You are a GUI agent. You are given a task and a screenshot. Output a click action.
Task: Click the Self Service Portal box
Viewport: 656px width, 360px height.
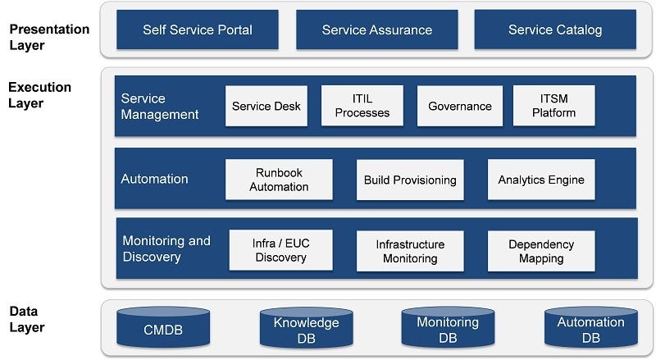[198, 30]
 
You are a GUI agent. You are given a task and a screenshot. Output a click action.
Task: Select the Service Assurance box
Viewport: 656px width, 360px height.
[376, 30]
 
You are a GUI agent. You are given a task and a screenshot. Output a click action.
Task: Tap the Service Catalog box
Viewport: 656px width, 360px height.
[554, 30]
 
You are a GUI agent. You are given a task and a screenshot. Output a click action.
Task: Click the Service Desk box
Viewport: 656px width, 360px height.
[266, 106]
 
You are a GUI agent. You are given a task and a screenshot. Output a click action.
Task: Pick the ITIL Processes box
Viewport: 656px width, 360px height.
[362, 106]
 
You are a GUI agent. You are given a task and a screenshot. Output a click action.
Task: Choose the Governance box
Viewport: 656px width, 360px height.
[459, 106]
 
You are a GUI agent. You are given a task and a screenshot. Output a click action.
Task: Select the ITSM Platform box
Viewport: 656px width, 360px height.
[553, 106]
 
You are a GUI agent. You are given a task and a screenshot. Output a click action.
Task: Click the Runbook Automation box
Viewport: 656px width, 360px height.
[279, 180]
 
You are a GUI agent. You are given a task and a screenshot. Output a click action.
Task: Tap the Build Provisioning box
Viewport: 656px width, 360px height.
[410, 180]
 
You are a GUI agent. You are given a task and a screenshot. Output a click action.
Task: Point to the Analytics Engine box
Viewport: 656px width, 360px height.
[541, 180]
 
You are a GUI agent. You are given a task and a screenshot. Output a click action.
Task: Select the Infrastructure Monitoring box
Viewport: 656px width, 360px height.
[410, 251]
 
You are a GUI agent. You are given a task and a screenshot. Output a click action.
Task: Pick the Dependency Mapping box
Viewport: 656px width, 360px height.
[541, 251]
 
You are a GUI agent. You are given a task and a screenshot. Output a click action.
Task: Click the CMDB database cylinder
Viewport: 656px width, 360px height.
[162, 328]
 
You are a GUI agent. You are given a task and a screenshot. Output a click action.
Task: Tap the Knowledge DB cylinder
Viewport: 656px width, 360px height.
[306, 328]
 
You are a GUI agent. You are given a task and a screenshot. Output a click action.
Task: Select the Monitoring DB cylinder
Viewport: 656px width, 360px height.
[448, 328]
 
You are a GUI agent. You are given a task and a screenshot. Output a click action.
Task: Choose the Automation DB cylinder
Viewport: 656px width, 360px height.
[590, 328]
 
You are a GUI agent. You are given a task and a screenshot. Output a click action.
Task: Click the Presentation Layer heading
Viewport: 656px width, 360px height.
[49, 37]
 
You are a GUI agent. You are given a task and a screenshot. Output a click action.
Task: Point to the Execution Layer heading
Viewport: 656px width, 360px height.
[40, 95]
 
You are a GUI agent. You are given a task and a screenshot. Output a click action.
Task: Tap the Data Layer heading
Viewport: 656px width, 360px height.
[27, 320]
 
